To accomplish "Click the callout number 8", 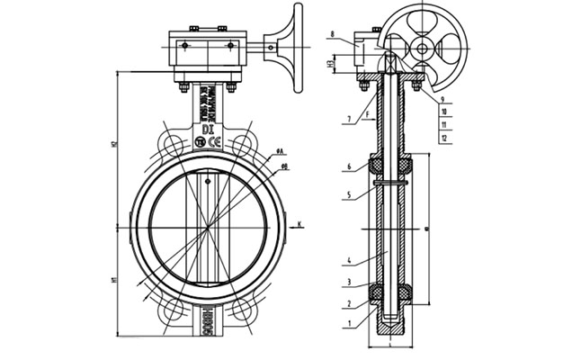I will tap(332, 36).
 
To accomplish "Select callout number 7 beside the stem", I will tap(344, 119).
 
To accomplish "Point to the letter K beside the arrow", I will tap(299, 223).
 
